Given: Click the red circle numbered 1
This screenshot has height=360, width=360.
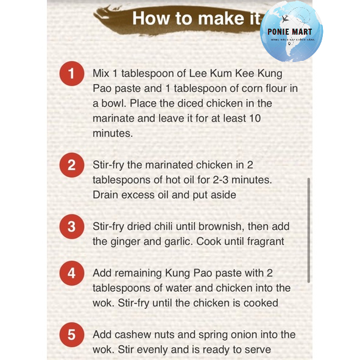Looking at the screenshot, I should [72, 74].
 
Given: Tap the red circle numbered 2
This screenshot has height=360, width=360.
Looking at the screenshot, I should [72, 166].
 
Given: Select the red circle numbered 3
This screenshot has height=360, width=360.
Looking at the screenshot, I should [72, 227].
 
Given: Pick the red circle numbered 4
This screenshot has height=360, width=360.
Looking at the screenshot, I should [72, 273].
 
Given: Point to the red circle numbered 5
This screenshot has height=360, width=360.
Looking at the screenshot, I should [72, 334].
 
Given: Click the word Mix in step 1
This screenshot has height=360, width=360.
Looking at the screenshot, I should [102, 74].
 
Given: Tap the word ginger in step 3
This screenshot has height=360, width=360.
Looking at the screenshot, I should [126, 241].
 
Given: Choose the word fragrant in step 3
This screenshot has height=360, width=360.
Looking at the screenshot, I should [262, 241].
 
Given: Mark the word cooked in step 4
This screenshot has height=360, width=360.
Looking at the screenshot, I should [260, 303].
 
